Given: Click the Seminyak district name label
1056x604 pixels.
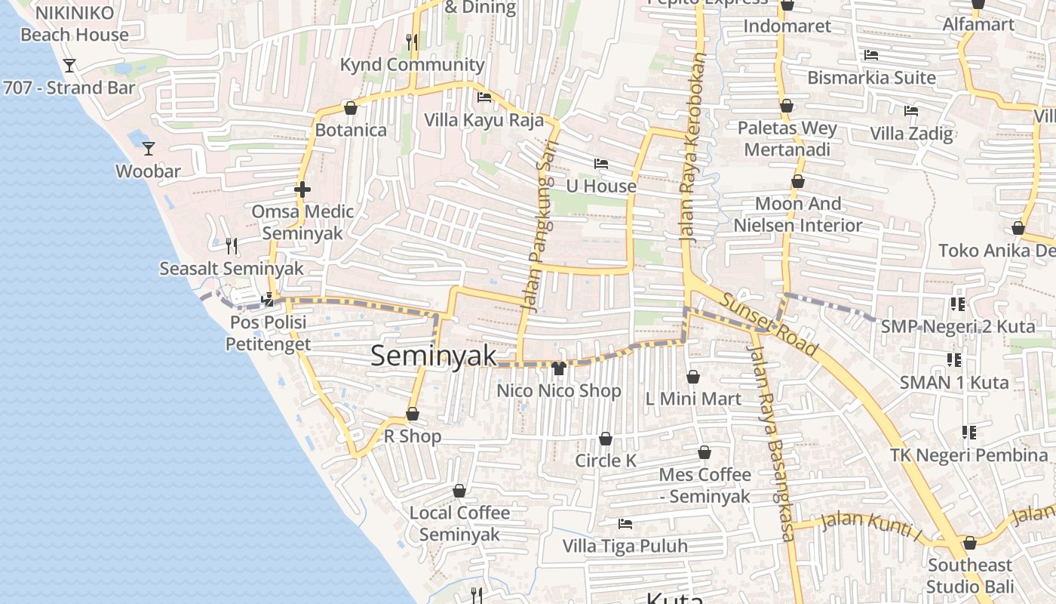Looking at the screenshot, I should pyautogui.click(x=433, y=356).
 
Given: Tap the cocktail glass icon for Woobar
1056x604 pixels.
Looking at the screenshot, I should pyautogui.click(x=149, y=148).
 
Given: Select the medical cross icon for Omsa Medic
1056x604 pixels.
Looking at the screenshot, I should pyautogui.click(x=302, y=190).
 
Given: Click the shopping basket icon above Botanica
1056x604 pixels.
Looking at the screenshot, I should pyautogui.click(x=350, y=108).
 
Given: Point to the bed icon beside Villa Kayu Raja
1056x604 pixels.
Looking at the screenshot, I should pyautogui.click(x=484, y=97).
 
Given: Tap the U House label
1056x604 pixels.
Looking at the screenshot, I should pyautogui.click(x=601, y=186).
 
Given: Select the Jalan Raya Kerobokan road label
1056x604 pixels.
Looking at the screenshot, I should pyautogui.click(x=693, y=147).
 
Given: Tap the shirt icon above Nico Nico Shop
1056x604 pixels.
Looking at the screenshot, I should pyautogui.click(x=559, y=368).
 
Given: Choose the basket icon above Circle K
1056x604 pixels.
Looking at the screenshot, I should pyautogui.click(x=606, y=439).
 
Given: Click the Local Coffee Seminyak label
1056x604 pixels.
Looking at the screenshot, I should pyautogui.click(x=459, y=523).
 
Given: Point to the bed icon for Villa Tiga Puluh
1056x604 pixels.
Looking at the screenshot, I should pyautogui.click(x=625, y=523).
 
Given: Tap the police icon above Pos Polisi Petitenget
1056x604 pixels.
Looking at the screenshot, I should pyautogui.click(x=267, y=300).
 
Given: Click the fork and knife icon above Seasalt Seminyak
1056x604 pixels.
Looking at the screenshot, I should pyautogui.click(x=232, y=245).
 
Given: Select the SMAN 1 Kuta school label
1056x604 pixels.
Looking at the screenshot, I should pyautogui.click(x=953, y=382).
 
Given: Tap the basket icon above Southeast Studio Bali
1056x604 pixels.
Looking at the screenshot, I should pyautogui.click(x=970, y=543).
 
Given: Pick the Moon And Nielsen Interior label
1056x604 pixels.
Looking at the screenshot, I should pyautogui.click(x=798, y=214).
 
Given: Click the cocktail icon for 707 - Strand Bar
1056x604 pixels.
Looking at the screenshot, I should pyautogui.click(x=69, y=66).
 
